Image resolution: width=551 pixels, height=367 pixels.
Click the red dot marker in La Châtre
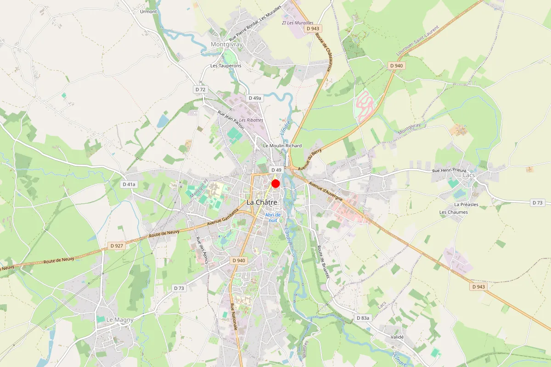(x=275, y=183)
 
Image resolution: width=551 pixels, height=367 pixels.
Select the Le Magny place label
(x=120, y=319)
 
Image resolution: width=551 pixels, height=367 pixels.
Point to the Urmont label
(x=148, y=11)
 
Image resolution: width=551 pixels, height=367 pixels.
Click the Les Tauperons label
(x=225, y=66)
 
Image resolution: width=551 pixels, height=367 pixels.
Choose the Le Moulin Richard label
(x=282, y=145)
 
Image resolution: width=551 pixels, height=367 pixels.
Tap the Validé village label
(x=397, y=337)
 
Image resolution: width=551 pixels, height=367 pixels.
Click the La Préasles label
(x=466, y=204)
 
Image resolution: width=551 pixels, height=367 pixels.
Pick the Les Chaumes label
(x=453, y=212)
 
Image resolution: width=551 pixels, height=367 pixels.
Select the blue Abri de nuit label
(x=273, y=217)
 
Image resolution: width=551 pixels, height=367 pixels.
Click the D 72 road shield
(x=200, y=89)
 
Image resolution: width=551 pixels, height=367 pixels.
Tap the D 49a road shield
(x=254, y=98)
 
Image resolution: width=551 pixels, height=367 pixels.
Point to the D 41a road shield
(x=129, y=184)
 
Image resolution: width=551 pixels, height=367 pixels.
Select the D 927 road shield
(x=117, y=246)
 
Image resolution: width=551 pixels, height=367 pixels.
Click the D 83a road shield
(x=363, y=317)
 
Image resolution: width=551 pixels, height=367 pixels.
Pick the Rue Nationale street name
(x=233, y=317)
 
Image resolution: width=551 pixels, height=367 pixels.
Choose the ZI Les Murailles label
(x=298, y=22)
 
